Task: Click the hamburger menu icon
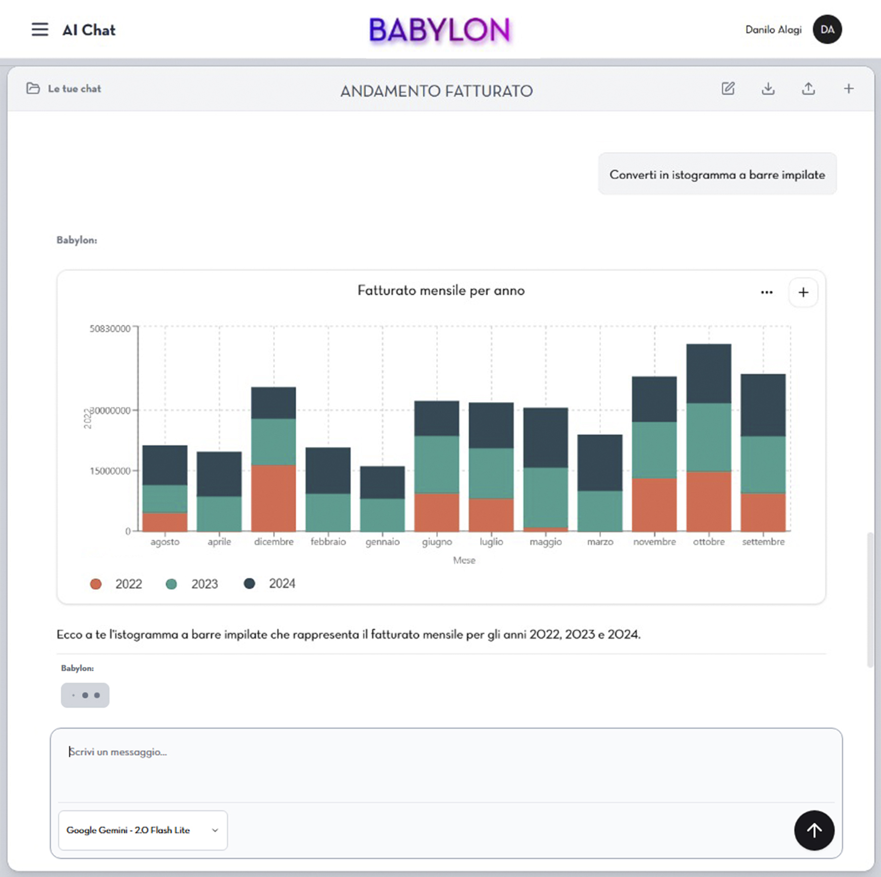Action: [40, 30]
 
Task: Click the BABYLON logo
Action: [440, 30]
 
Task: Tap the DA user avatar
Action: [827, 30]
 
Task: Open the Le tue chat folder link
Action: [64, 89]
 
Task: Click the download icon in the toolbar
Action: [768, 89]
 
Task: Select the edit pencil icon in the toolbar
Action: [728, 89]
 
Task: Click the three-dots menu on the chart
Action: [767, 292]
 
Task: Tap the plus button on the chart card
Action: [803, 292]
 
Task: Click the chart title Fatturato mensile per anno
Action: [441, 291]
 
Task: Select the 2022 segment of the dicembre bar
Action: [274, 498]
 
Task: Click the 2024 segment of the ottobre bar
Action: [708, 373]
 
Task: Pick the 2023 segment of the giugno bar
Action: [437, 464]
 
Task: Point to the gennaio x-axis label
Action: [382, 542]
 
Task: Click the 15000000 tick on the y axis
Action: [110, 471]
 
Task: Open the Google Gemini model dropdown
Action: [143, 830]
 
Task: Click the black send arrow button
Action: [814, 830]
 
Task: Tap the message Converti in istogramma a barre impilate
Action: [717, 175]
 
